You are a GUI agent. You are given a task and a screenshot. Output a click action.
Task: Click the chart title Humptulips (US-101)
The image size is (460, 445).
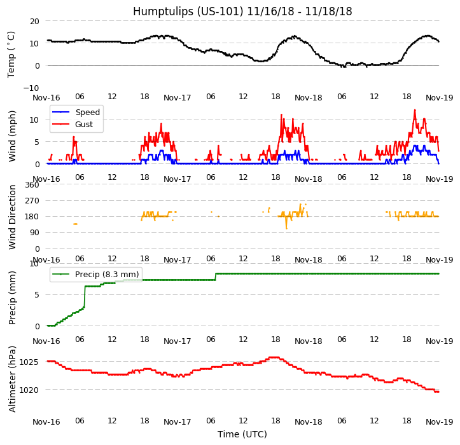[x=242, y=11]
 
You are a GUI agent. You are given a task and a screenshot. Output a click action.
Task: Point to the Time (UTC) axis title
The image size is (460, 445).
[x=242, y=434]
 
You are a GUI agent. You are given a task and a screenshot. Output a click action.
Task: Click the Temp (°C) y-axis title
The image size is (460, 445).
[x=11, y=54]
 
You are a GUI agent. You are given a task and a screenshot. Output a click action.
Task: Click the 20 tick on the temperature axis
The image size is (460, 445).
[x=34, y=21]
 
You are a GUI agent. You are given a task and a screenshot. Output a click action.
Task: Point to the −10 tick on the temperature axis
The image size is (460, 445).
[x=31, y=88]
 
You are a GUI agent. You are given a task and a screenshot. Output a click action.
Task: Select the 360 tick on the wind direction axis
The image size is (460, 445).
[x=32, y=185]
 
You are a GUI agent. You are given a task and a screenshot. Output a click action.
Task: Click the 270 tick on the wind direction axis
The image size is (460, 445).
[x=32, y=201]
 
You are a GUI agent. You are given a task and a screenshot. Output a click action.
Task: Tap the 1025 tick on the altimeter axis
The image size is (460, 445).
[x=29, y=362]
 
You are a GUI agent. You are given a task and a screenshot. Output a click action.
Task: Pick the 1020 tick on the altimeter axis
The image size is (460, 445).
[x=29, y=390]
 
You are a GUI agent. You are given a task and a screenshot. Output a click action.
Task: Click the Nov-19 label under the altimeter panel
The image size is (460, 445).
[x=439, y=422]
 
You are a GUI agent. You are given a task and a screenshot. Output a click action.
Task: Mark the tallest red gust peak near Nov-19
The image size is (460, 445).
[x=415, y=110]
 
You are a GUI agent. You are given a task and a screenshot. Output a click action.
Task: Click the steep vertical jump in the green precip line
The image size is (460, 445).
[x=85, y=296]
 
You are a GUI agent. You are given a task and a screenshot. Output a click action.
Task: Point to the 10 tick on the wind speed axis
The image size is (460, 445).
[x=36, y=120]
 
